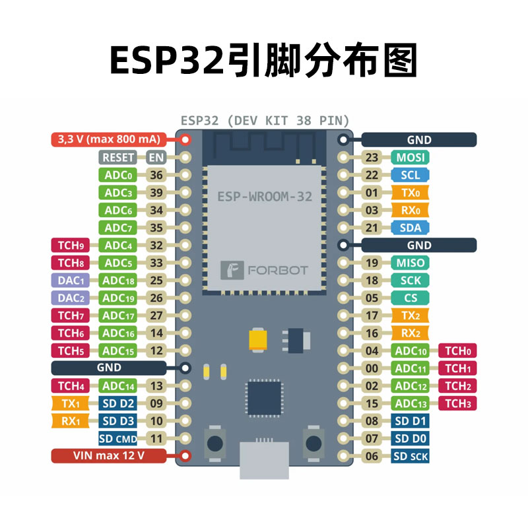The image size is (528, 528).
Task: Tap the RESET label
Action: pyautogui.click(x=118, y=158)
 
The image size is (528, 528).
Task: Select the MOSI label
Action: pyautogui.click(x=411, y=158)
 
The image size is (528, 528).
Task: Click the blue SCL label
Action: pyautogui.click(x=411, y=176)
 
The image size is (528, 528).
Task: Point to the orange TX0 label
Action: pyautogui.click(x=411, y=193)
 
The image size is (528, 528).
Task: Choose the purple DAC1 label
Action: pyautogui.click(x=71, y=280)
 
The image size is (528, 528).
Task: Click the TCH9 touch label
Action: pyautogui.click(x=71, y=246)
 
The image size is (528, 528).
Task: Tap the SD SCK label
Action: pyautogui.click(x=411, y=456)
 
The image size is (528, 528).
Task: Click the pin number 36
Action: pyautogui.click(x=156, y=176)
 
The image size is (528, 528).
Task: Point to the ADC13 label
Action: pyautogui.click(x=411, y=403)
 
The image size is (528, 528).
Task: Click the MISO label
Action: pyautogui.click(x=411, y=263)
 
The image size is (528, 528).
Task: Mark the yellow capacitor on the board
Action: pyautogui.click(x=258, y=339)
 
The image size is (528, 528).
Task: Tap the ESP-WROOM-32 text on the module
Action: pyautogui.click(x=265, y=196)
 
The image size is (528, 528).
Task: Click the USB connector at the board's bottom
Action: pyautogui.click(x=264, y=460)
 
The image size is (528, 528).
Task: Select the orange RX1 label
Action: pyautogui.click(x=71, y=420)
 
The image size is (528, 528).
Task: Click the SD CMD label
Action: pyautogui.click(x=118, y=438)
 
